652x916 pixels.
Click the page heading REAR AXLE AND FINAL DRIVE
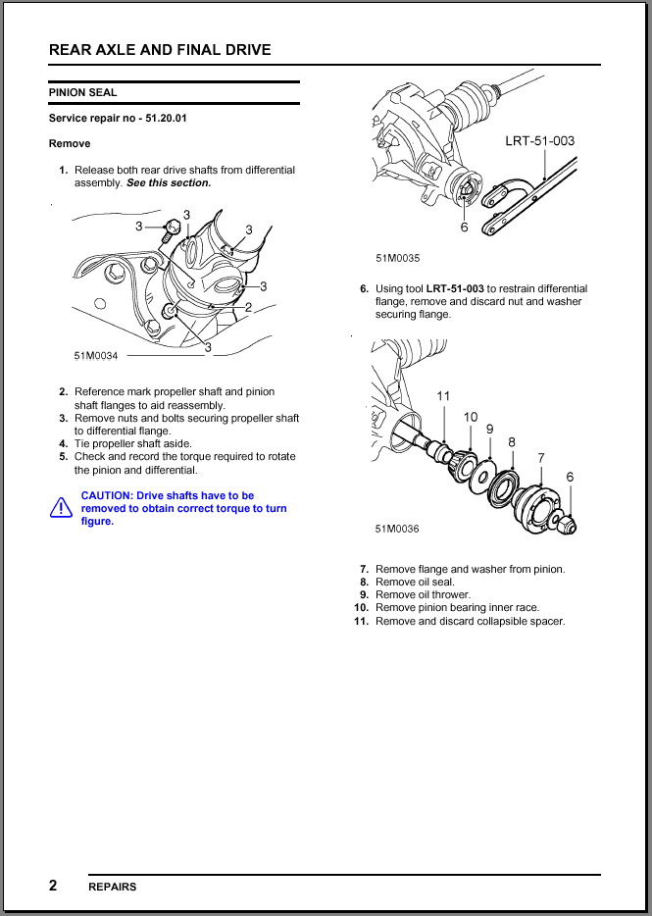(x=160, y=49)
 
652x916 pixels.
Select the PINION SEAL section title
(x=82, y=92)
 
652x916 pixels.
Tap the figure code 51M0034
(x=95, y=355)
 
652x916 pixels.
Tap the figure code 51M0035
(x=397, y=259)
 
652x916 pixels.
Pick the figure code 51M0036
(x=397, y=529)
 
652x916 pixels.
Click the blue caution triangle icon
(x=61, y=508)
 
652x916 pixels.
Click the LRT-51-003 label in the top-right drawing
(x=539, y=140)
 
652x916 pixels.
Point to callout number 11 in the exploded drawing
(x=443, y=396)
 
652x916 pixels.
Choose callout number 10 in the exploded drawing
(x=471, y=417)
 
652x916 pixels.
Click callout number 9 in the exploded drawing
(x=489, y=429)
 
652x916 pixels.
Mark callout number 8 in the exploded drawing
(x=512, y=442)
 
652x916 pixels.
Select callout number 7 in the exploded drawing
(x=540, y=458)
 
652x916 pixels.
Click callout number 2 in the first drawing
(x=248, y=307)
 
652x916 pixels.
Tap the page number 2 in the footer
(x=53, y=886)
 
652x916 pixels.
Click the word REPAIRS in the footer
(x=113, y=887)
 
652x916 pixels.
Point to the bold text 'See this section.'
(x=169, y=182)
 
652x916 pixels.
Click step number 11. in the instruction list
(x=361, y=621)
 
